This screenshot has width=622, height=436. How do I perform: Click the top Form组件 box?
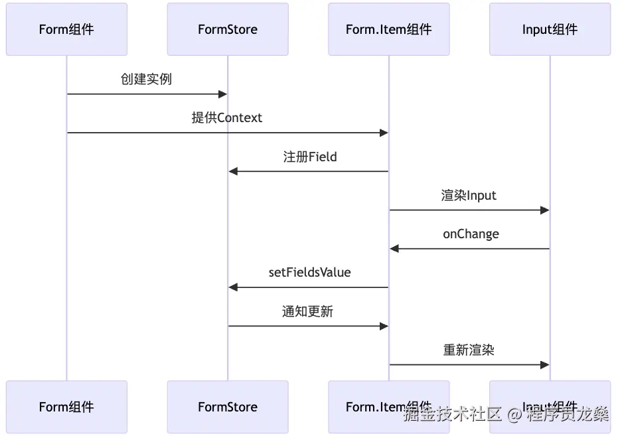coord(66,29)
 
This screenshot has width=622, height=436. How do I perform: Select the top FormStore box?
coord(228,29)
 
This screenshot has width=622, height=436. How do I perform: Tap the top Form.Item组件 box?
coord(388,29)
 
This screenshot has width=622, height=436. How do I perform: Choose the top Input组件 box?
coord(550,29)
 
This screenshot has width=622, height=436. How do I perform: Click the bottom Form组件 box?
coord(66,407)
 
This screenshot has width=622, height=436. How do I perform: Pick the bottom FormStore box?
coord(228,407)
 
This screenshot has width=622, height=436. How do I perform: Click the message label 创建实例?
coord(146,79)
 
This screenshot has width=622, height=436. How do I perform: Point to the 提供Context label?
coord(227,117)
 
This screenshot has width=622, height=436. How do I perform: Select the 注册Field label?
coord(309,157)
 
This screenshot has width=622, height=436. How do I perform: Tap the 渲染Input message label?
coord(469,195)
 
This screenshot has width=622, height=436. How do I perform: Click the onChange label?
coord(471,234)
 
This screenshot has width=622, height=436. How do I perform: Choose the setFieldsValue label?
coord(309,272)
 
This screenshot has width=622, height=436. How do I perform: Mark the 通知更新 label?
coord(307,311)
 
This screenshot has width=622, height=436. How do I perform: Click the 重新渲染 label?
coord(469,350)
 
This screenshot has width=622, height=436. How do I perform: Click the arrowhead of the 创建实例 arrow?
coord(223,94)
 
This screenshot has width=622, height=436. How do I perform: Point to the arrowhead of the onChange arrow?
coord(394,249)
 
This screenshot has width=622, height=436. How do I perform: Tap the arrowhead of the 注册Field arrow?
coord(233,171)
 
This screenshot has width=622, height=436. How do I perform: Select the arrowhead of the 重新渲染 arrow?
coord(545,365)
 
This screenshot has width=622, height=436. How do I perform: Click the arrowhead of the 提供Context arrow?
coord(384,133)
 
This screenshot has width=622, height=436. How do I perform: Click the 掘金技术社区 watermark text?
coord(452,415)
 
